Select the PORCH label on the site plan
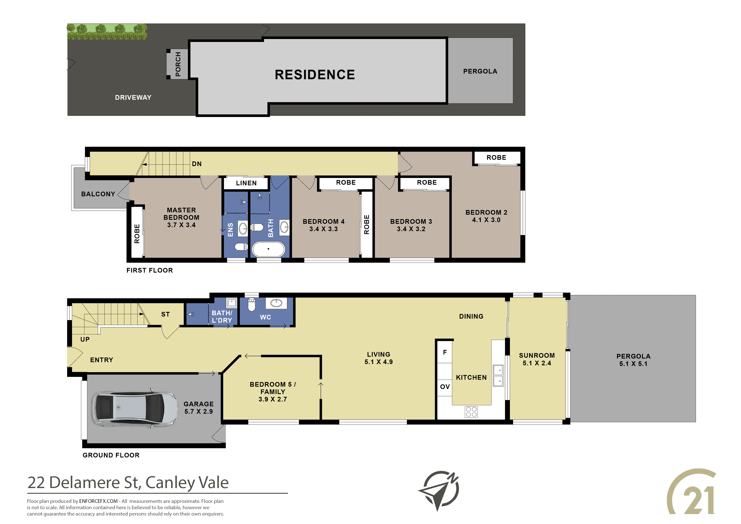tap(178, 64)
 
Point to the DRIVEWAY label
tap(133, 97)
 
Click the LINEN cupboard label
tap(246, 183)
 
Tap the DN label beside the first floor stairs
tap(197, 164)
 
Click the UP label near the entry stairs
tap(85, 339)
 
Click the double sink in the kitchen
tap(498, 375)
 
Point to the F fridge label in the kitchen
tap(445, 352)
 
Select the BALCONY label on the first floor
tap(98, 194)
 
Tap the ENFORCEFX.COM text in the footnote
tap(98, 501)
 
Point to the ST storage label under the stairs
tap(165, 314)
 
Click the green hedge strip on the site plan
tap(107, 32)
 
